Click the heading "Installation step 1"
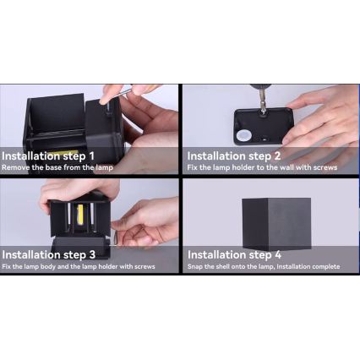click(48, 156)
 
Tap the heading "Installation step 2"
click(234, 156)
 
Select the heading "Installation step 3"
click(49, 254)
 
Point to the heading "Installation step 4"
click(234, 254)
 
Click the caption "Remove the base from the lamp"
click(57, 167)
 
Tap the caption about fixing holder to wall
click(262, 167)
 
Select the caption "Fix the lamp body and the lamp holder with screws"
click(79, 266)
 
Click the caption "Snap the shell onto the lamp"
click(263, 266)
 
